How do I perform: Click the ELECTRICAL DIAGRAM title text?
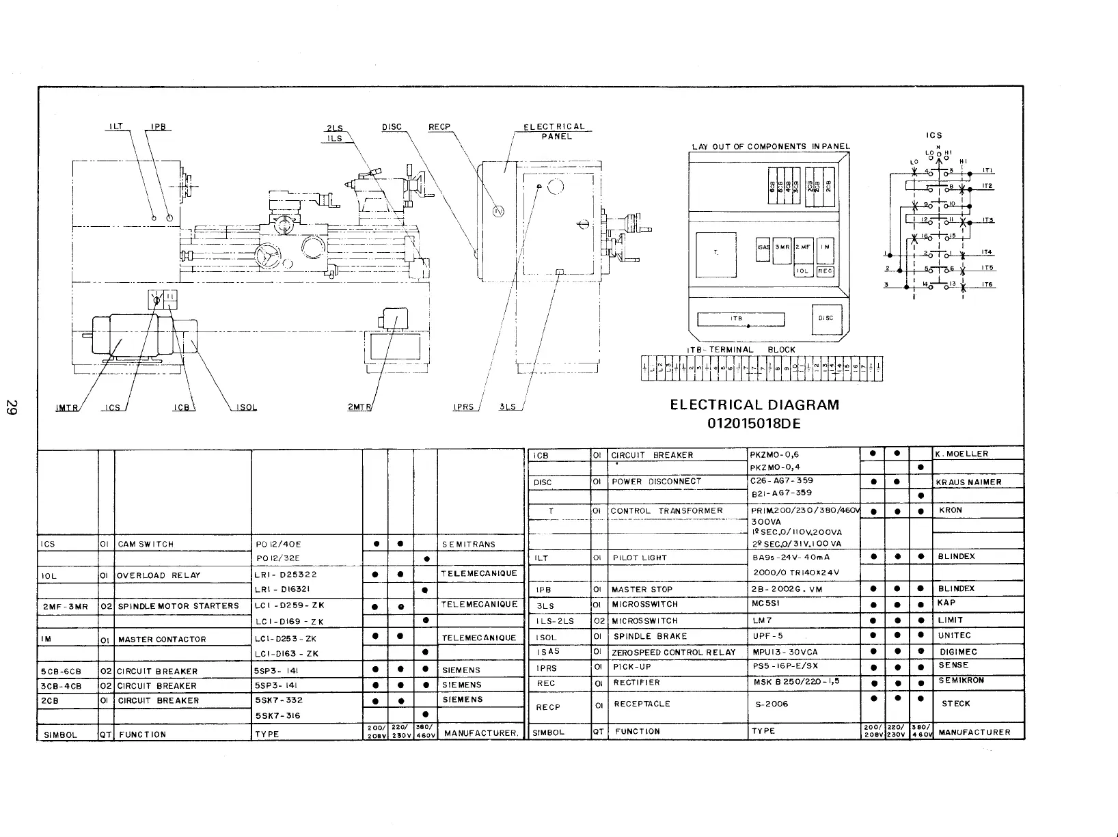coord(754,404)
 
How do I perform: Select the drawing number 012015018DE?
coord(754,424)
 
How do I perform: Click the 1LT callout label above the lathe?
coord(115,127)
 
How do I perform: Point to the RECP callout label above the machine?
coord(437,127)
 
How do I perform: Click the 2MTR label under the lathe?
coord(359,408)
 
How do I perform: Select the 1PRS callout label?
coord(465,408)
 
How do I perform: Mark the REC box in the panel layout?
coord(825,271)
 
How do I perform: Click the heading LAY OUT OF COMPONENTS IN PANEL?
coord(771,146)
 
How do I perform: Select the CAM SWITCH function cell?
coord(146,545)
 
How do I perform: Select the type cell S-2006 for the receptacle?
coord(769,704)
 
